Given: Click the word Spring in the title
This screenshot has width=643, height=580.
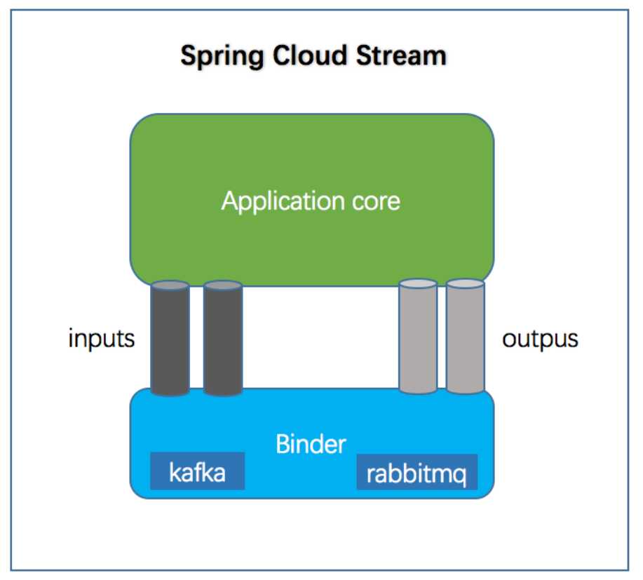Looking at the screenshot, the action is pos(222,57).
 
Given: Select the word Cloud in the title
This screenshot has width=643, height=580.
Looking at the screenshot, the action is pos(309,55).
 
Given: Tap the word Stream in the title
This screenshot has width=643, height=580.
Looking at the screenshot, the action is pos(401,55).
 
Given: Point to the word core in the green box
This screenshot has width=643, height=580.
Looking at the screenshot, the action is pos(376,202).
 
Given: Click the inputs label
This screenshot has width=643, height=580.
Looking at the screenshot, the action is pos(101,339).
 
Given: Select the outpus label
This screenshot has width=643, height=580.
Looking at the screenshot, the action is pos(540,339).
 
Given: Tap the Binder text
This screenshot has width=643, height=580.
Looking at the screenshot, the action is pos(311,444).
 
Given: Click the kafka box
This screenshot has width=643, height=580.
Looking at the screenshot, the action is pos(197,471).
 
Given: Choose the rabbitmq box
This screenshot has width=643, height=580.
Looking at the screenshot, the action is pos(417,472).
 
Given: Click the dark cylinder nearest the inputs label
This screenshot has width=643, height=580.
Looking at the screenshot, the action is pos(170,339).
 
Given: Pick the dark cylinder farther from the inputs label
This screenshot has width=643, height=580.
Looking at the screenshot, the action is pos(223,339).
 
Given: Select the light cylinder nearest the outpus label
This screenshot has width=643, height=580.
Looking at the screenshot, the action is pos(466,337).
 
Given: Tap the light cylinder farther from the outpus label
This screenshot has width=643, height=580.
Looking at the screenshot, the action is pos(418,337).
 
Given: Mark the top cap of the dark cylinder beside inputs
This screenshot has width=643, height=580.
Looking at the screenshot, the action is pos(170,285).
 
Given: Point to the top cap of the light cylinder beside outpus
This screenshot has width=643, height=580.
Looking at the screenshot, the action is pos(466,283).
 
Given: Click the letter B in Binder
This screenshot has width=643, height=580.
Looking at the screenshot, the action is pos(283,444).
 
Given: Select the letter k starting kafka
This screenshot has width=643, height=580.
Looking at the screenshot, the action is pos(175,472).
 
